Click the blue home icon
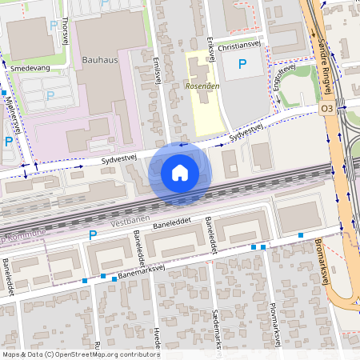[x=180, y=172]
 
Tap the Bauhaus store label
[x=99, y=60]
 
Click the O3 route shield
[x=326, y=107]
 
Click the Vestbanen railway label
[x=130, y=220]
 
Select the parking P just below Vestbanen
[x=93, y=235]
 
